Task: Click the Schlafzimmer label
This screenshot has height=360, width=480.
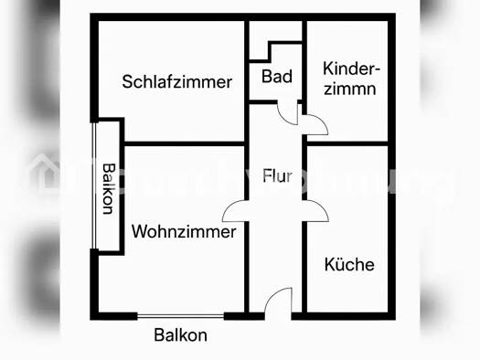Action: (177, 81)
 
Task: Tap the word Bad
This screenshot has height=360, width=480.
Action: (276, 77)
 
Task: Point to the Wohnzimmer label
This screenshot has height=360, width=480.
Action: (184, 231)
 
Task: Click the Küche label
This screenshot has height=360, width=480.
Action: (349, 264)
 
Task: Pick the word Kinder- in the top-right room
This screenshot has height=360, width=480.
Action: (353, 69)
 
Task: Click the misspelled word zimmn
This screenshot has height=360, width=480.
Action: (351, 90)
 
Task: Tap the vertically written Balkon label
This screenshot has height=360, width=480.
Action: (109, 188)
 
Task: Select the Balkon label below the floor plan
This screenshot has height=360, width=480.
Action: (180, 335)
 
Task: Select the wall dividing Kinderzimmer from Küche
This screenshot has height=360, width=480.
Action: (349, 143)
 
